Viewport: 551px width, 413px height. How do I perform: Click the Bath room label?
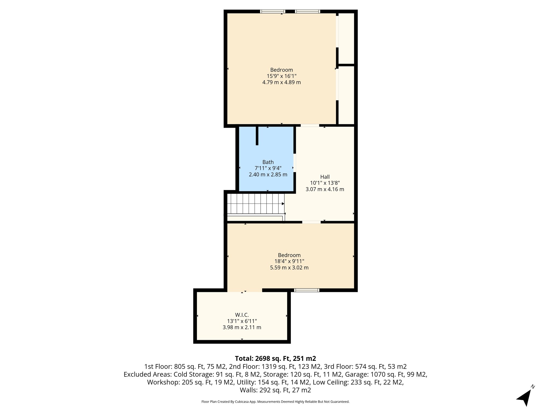point(268,162)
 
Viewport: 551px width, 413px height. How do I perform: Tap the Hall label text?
point(325,177)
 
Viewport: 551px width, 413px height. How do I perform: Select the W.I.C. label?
point(242,315)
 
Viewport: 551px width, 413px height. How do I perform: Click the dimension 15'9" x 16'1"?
point(281,76)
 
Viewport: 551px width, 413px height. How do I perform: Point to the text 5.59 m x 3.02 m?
point(289,268)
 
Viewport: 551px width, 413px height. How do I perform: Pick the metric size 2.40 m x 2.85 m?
point(268,175)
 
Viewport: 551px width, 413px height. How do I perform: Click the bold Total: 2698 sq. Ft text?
point(275,358)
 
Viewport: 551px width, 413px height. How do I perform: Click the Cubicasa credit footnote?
point(275,402)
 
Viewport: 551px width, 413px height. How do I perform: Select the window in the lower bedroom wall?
point(306,290)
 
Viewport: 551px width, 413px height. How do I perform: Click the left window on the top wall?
point(273,12)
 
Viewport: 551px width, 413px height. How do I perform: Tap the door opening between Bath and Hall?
point(295,163)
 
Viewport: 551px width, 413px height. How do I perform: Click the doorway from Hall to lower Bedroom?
point(311,222)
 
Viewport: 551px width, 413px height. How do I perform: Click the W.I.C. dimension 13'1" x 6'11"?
point(242,321)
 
